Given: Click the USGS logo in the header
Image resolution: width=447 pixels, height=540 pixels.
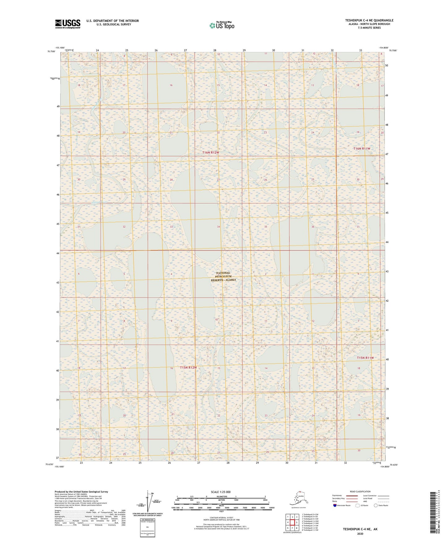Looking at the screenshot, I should (67, 24).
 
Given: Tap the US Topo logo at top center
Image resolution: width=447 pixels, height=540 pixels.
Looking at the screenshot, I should (221, 25).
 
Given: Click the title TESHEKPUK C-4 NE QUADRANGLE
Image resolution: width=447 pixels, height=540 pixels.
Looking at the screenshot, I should (369, 20).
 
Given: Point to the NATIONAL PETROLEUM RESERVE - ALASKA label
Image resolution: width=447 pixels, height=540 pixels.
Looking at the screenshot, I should (223, 276).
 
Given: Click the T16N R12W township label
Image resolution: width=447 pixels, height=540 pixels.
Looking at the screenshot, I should (211, 153).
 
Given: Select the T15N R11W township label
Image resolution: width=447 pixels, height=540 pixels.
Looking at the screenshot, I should (365, 358).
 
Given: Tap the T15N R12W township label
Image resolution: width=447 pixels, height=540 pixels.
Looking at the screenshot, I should (188, 368).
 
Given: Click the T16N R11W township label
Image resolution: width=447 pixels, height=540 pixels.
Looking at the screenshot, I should (362, 149).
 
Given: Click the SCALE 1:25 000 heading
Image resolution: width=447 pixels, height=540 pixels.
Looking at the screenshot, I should (221, 492).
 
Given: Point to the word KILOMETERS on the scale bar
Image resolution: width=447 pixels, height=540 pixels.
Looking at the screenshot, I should (221, 497).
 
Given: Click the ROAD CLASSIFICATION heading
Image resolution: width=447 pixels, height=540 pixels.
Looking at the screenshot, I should (360, 491).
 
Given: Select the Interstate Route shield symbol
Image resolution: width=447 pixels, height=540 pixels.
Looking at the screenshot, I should (335, 505).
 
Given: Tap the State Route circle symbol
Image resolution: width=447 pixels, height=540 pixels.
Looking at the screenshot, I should (376, 505).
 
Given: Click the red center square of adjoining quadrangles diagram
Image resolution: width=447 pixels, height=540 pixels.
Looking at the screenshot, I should (292, 522).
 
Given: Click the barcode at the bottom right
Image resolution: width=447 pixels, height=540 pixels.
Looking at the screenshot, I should (433, 514).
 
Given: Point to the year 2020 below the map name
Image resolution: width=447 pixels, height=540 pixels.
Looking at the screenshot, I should (360, 534).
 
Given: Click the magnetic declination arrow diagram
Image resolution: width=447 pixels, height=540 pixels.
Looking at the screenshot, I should (150, 501).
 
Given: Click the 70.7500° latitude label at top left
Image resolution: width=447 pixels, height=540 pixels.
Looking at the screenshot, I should (51, 51).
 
